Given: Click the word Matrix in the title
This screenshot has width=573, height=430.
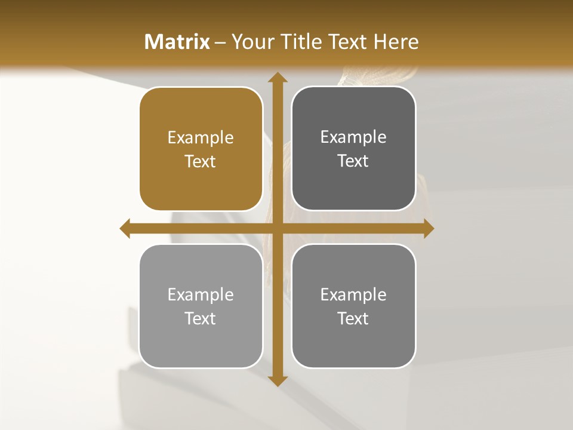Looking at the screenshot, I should [x=177, y=42].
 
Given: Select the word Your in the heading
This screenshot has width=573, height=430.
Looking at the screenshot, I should [x=252, y=42].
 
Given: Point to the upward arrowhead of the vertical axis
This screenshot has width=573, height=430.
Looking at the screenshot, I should [x=277, y=77].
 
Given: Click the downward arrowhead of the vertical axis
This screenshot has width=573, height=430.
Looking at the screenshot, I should [x=277, y=380].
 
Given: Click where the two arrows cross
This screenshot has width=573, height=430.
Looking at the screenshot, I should [x=277, y=228].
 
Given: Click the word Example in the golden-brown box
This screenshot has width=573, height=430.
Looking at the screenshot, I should [x=201, y=138].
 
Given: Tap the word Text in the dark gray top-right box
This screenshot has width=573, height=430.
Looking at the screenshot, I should [x=353, y=161].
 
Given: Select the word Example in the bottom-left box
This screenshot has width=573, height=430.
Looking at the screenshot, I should [x=201, y=295].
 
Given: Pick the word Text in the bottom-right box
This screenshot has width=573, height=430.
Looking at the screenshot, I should [x=353, y=318].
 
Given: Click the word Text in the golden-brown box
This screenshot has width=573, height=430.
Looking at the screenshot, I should [x=201, y=162].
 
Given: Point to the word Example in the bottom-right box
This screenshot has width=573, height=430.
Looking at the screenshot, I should [x=353, y=295].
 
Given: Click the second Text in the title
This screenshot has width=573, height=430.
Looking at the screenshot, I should [x=349, y=42].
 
